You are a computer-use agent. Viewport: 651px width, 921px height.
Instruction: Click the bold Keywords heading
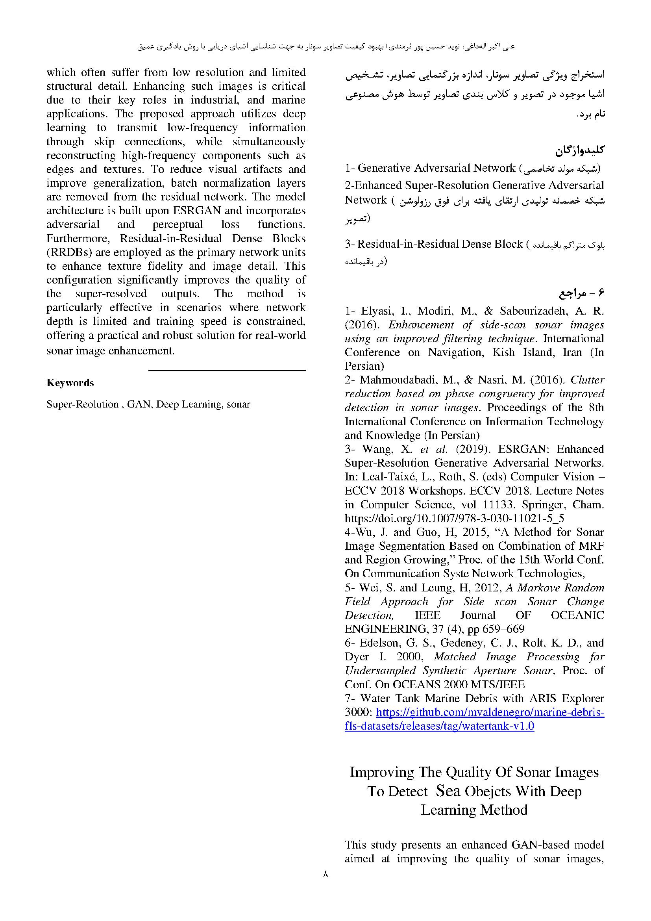[x=70, y=383]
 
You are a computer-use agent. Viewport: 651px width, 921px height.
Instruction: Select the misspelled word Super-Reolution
[x=83, y=404]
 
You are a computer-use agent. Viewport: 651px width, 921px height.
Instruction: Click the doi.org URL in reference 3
[x=455, y=518]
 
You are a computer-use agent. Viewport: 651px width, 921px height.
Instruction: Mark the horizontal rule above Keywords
[x=227, y=371]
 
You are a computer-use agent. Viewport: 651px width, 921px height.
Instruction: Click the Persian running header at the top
[x=325, y=46]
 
